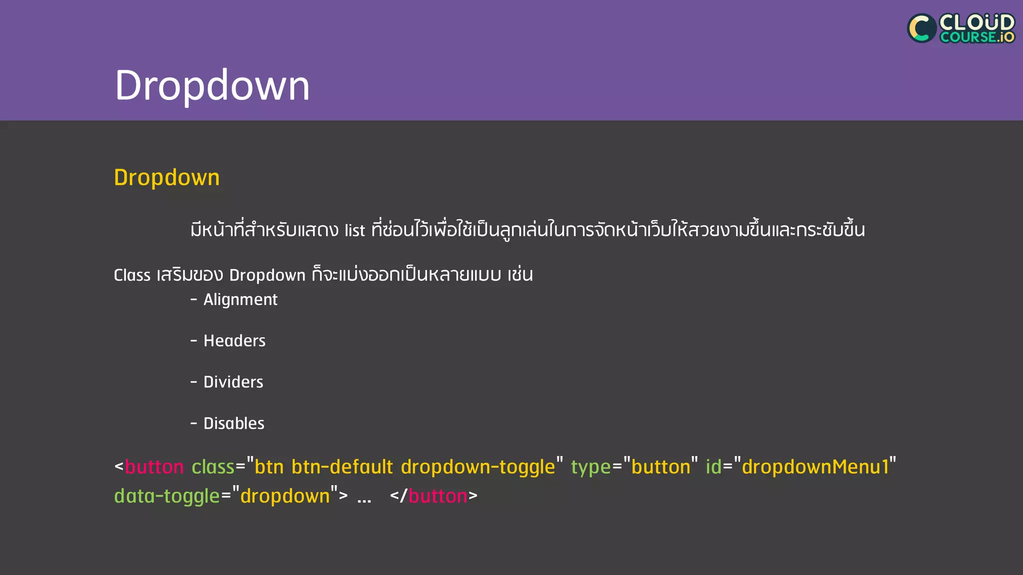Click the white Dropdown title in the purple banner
212,85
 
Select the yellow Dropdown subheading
167,178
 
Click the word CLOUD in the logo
977,22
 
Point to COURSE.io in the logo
977,37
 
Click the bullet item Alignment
240,299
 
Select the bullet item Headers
234,341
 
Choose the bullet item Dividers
233,382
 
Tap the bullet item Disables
234,424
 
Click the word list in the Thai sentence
355,231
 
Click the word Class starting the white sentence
132,275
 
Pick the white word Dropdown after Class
267,275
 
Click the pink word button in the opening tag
154,467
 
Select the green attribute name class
213,467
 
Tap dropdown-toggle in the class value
478,467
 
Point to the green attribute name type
591,467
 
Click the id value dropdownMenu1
816,467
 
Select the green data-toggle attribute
167,496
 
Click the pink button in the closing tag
438,496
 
